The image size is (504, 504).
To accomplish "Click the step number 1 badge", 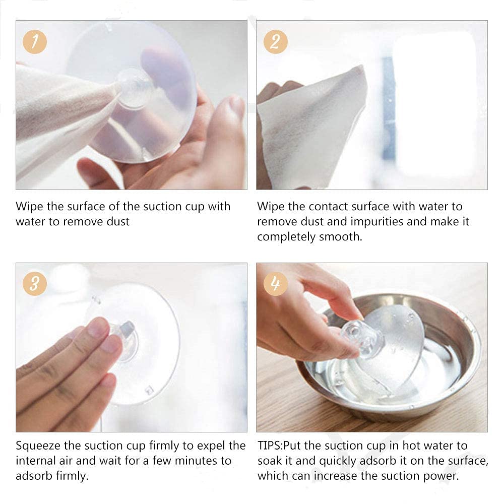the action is (x=35, y=42).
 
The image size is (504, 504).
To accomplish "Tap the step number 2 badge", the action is (x=276, y=42).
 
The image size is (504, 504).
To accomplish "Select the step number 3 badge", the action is (x=35, y=284).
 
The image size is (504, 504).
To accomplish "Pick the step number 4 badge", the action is (x=276, y=284).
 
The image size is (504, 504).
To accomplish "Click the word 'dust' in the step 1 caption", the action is (x=118, y=221).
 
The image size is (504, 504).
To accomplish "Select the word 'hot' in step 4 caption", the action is (x=412, y=446).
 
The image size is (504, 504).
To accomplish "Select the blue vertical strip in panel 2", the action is (x=389, y=108).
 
